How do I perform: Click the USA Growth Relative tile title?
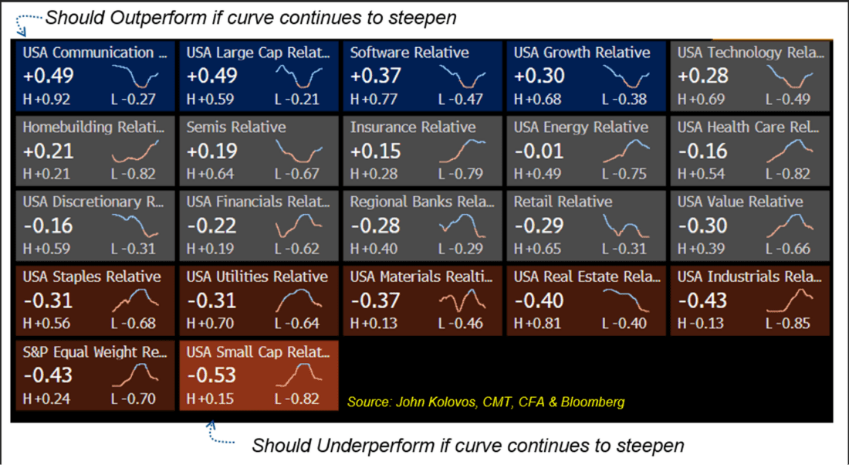[582, 53]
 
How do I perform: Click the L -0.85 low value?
[788, 323]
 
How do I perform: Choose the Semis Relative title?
[236, 127]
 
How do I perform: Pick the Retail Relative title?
[563, 202]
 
